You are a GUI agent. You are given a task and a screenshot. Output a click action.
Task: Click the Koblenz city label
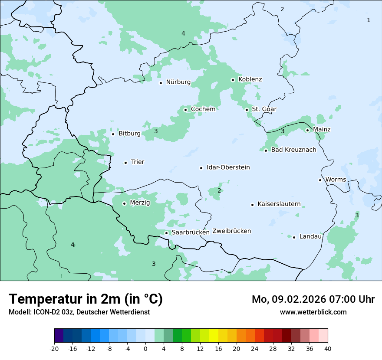(250, 79)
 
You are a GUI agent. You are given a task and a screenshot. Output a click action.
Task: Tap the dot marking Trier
(125, 163)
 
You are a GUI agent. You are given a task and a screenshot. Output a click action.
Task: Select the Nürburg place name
(178, 82)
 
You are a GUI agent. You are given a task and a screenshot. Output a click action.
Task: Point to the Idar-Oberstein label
(228, 167)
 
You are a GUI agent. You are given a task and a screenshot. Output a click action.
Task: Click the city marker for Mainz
(307, 130)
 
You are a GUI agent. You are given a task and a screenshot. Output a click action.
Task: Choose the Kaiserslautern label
(279, 204)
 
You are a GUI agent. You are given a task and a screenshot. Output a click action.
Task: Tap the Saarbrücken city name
(191, 232)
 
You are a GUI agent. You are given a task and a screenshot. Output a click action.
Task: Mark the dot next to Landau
(294, 237)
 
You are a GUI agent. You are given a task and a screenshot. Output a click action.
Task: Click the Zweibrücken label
(232, 231)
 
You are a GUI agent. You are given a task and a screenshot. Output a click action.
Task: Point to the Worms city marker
(320, 180)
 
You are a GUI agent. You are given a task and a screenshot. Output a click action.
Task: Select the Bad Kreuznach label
(294, 150)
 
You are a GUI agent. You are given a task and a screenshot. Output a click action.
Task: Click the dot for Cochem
(185, 110)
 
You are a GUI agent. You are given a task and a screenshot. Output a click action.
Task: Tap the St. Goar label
(264, 109)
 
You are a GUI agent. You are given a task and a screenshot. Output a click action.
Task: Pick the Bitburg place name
(130, 134)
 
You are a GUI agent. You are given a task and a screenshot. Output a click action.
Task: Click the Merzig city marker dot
(124, 203)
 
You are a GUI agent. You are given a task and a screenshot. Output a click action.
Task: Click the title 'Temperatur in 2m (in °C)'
(86, 299)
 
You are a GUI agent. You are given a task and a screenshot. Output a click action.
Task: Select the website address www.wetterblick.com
(313, 312)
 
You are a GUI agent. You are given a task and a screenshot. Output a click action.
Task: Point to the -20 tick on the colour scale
(54, 348)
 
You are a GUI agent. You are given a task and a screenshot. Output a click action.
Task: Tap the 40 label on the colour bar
(328, 348)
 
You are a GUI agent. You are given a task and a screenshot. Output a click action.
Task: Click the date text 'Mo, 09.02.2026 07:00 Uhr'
(313, 299)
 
